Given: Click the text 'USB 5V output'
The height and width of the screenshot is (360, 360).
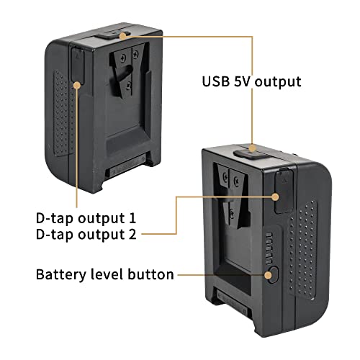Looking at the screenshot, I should tap(251, 81).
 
